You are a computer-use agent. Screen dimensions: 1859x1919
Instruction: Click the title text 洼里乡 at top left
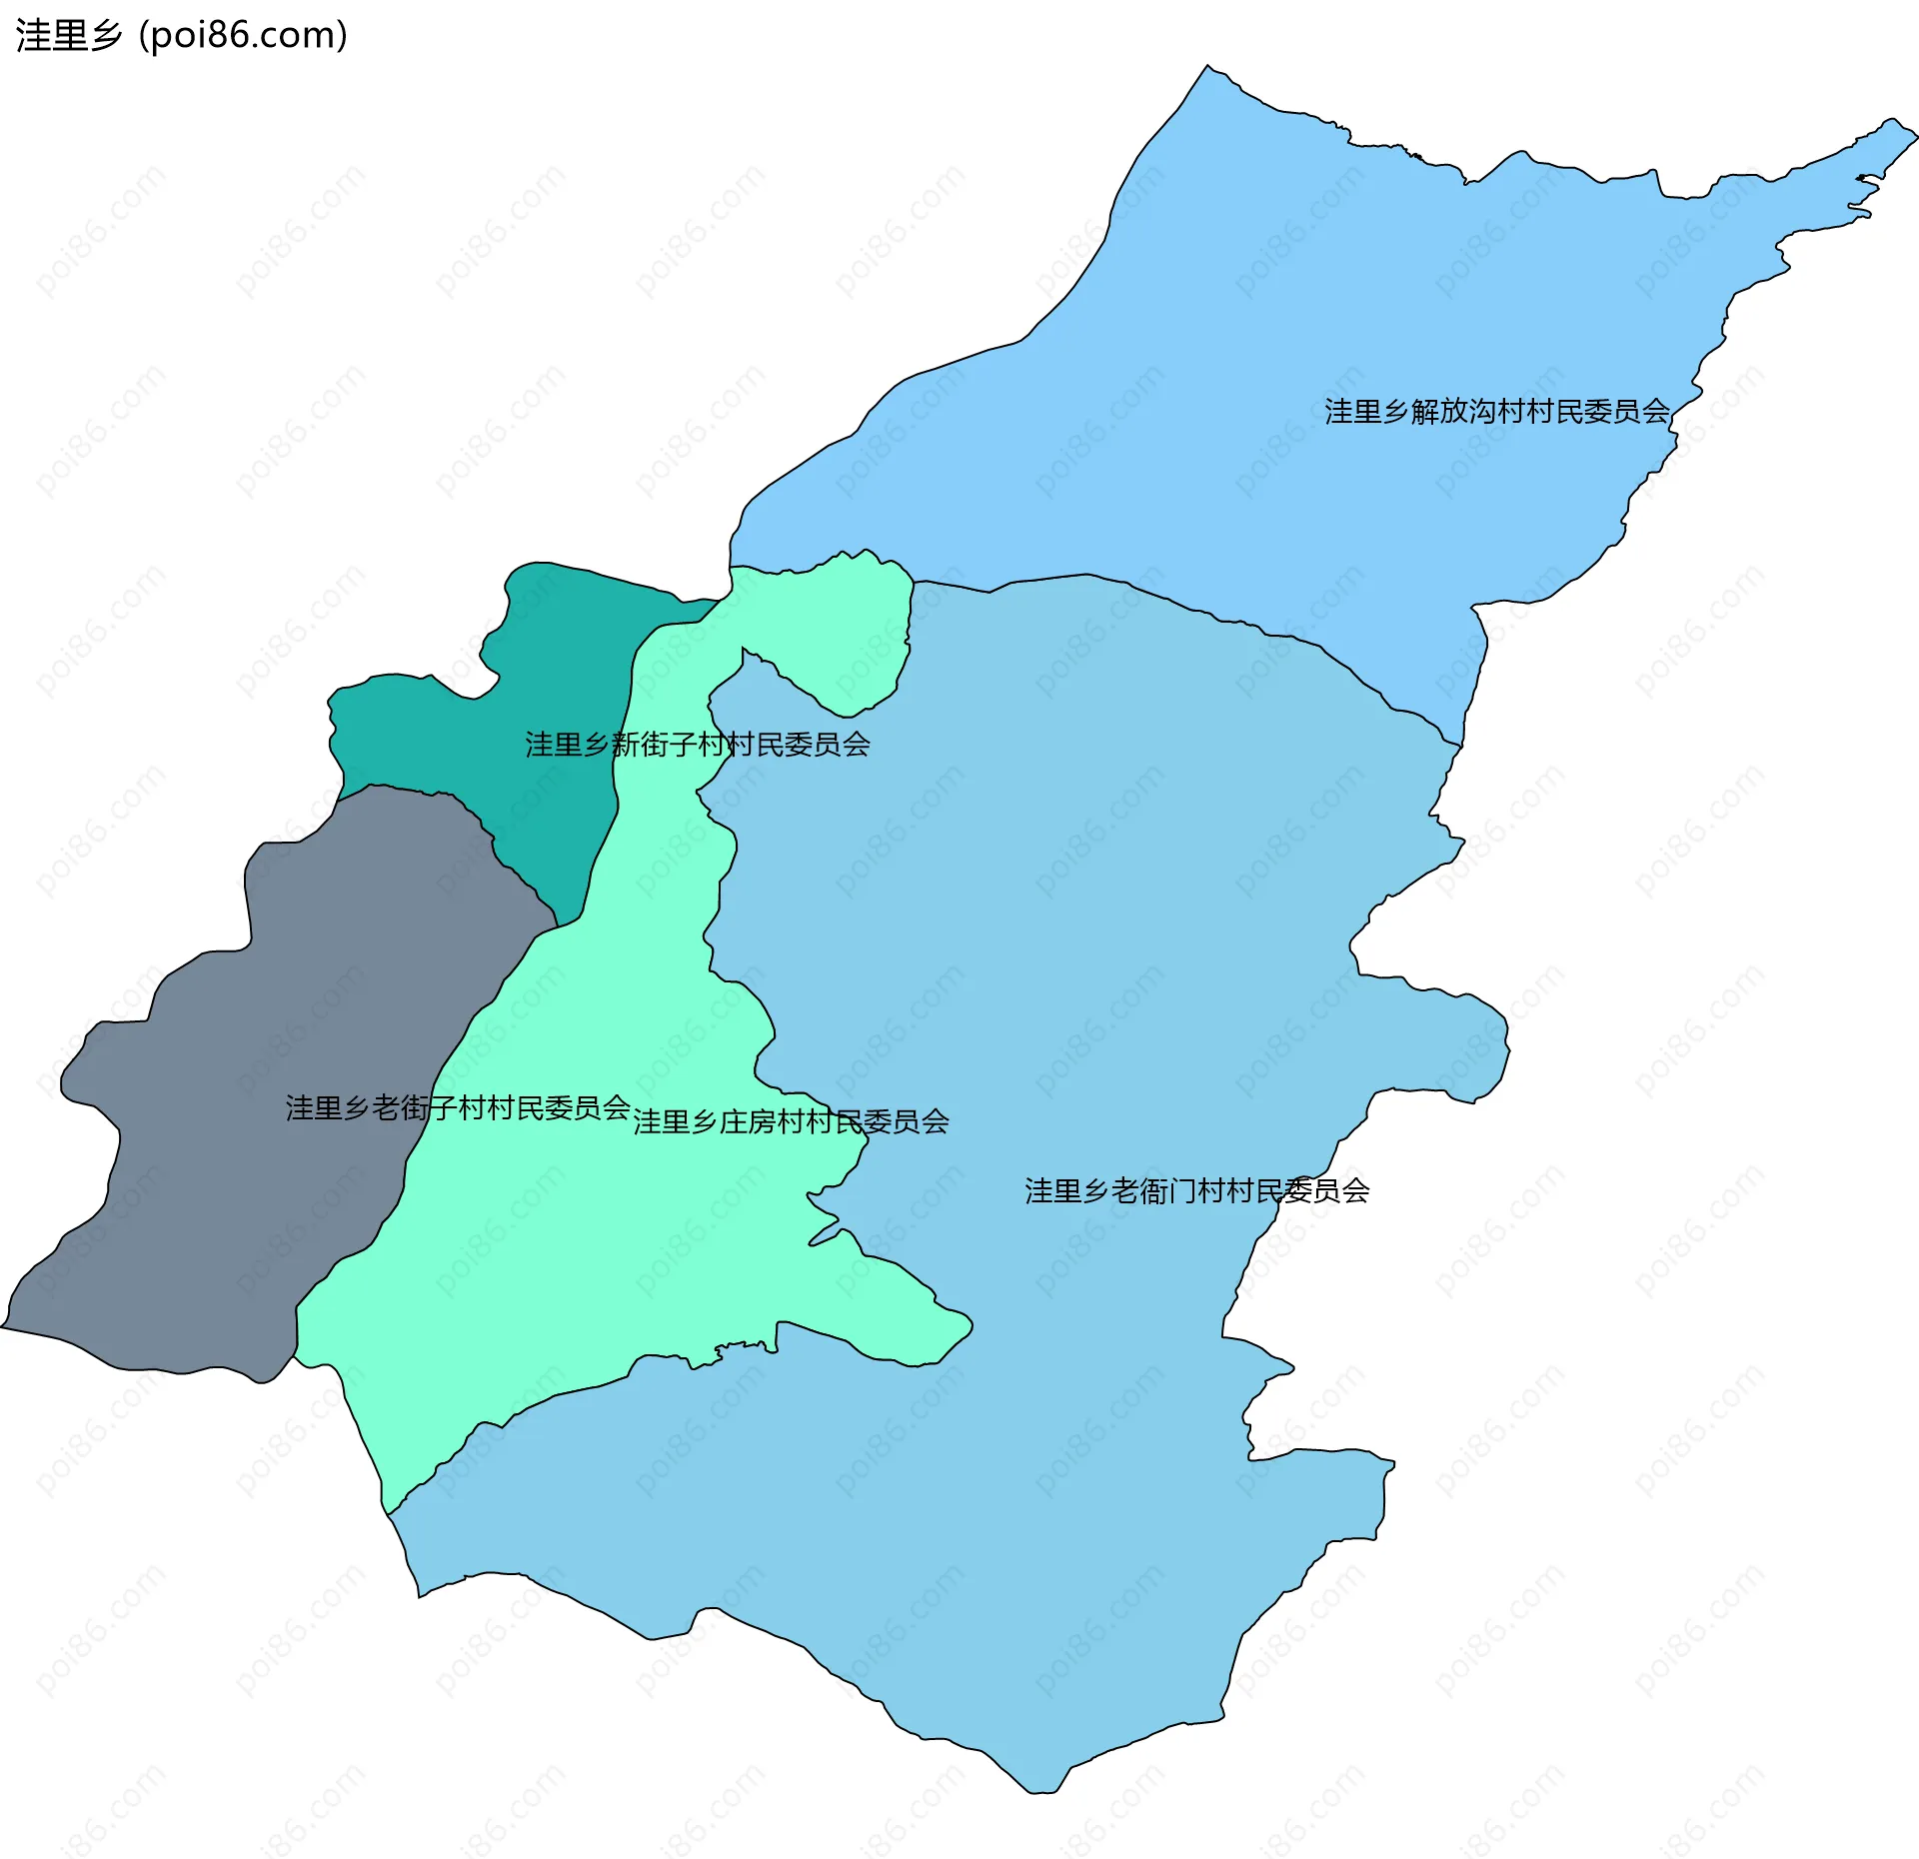click(x=68, y=36)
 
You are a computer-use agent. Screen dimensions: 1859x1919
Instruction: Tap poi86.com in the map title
click(x=243, y=36)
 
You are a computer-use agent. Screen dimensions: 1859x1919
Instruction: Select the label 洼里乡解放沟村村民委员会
click(x=1496, y=412)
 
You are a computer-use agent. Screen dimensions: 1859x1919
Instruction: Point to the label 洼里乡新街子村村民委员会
click(x=698, y=745)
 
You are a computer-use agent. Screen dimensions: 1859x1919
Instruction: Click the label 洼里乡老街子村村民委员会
click(x=458, y=1108)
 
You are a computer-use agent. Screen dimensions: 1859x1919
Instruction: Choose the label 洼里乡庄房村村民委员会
click(x=791, y=1122)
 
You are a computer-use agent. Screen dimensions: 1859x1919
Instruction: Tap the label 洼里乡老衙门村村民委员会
click(x=1196, y=1191)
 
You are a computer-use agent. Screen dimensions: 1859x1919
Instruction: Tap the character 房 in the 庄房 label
click(x=762, y=1122)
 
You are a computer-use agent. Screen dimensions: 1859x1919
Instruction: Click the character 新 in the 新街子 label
click(x=625, y=745)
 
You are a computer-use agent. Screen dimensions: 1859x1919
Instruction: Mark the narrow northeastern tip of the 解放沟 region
click(x=1894, y=130)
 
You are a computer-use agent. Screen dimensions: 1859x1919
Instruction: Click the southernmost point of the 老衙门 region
click(x=1039, y=1792)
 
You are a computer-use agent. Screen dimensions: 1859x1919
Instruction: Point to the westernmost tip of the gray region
click(x=4, y=1327)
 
